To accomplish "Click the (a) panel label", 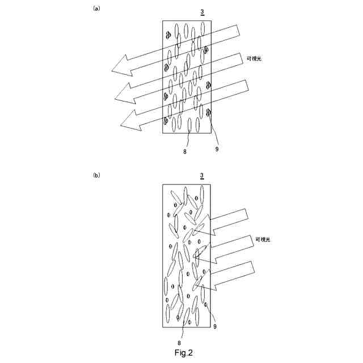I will click(96, 9).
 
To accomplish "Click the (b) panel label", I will click(96, 175).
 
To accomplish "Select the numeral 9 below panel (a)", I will click(217, 149).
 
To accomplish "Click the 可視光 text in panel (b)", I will click(263, 239).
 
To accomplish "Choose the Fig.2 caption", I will click(184, 353).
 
